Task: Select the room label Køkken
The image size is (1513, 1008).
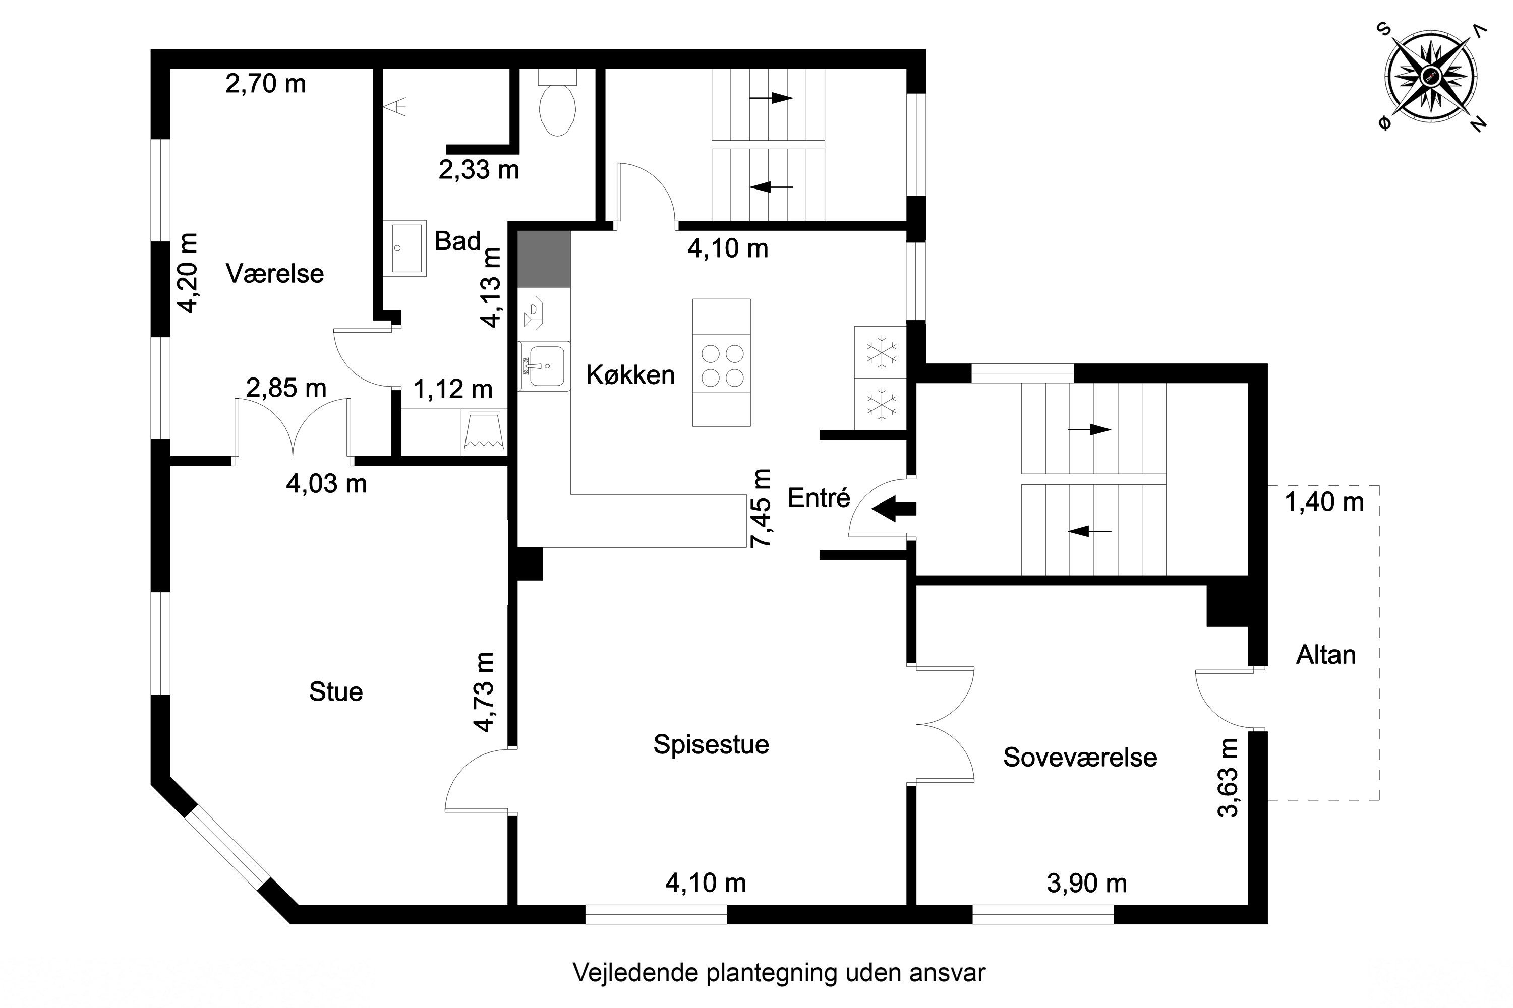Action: pos(630,375)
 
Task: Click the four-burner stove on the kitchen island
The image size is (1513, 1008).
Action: pos(722,364)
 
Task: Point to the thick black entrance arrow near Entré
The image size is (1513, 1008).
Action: pos(894,509)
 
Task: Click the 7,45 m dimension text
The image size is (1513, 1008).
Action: pos(762,508)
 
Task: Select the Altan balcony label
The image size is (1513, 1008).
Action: pos(1325,654)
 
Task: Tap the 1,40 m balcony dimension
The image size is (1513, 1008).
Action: pos(1324,501)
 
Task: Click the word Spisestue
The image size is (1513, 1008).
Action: pos(711,744)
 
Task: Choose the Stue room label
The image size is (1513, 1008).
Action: pos(336,691)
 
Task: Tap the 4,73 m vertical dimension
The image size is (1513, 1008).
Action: pos(484,691)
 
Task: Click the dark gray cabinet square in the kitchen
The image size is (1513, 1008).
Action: pos(544,259)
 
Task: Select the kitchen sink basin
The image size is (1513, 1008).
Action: pos(546,366)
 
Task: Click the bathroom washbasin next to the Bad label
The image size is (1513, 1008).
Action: pos(404,247)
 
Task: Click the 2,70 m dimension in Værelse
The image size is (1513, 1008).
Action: pos(265,84)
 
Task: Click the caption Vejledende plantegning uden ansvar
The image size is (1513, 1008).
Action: pos(778,972)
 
